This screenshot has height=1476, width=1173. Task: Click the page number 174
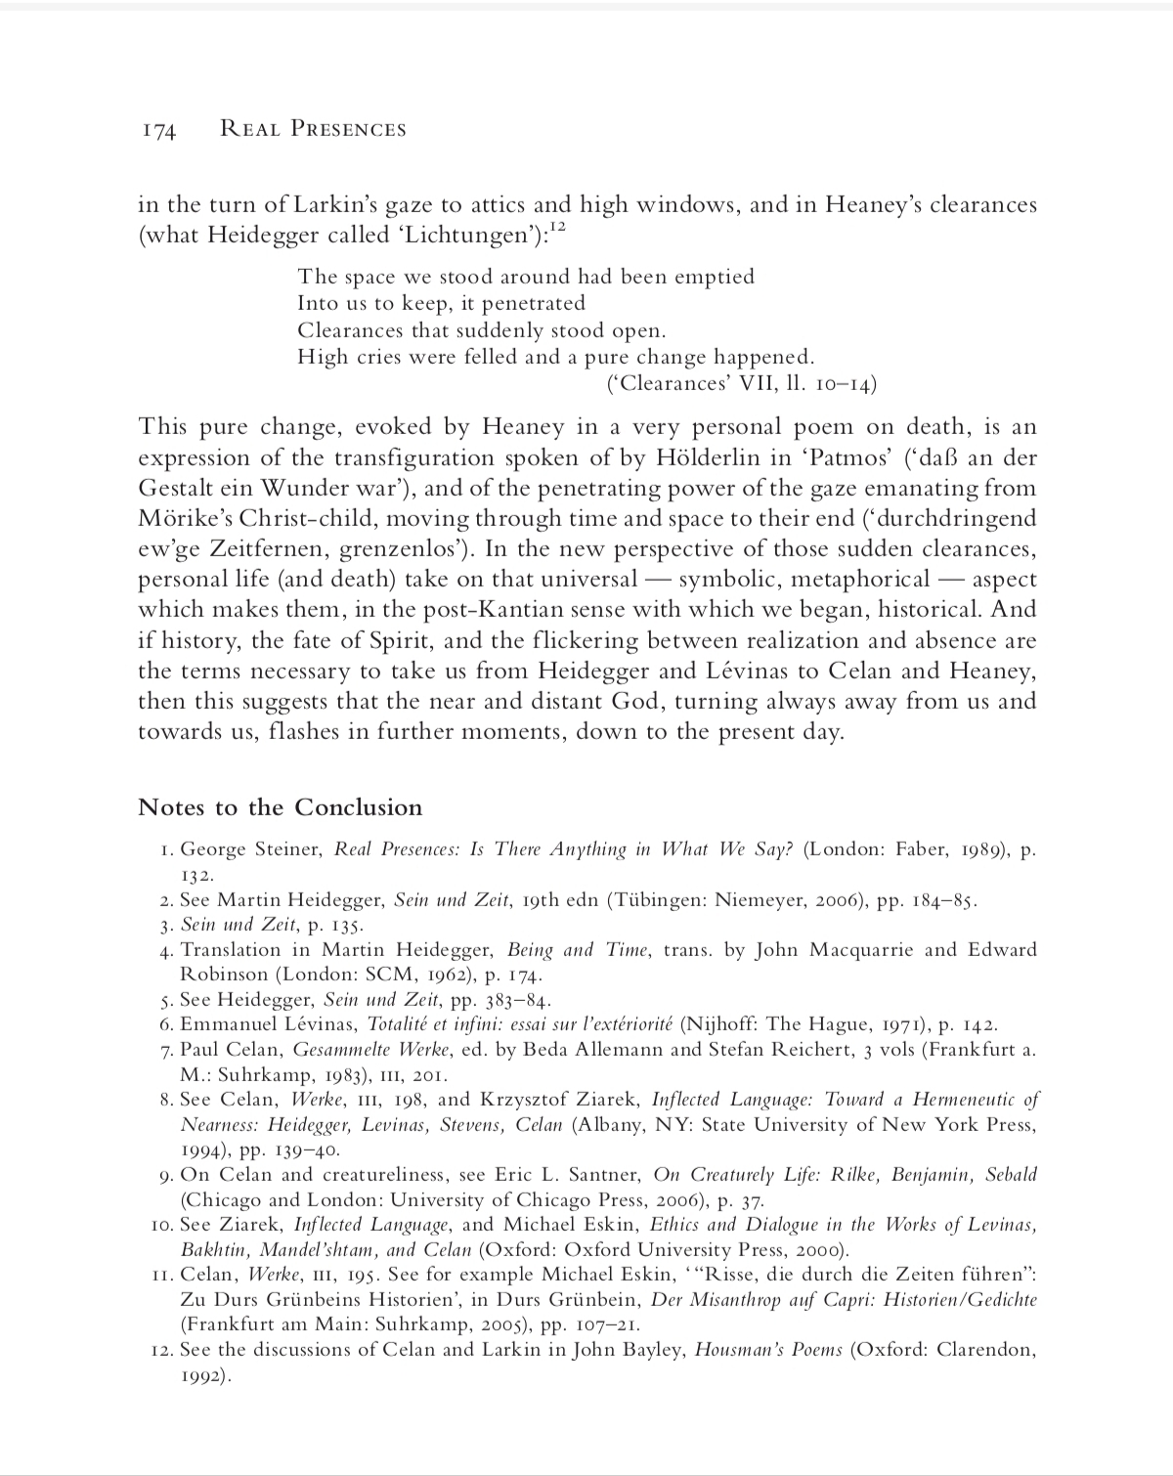157,130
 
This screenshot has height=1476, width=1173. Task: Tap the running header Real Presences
313,129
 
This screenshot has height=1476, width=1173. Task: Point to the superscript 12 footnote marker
556,229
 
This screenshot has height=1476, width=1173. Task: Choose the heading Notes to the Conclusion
281,807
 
